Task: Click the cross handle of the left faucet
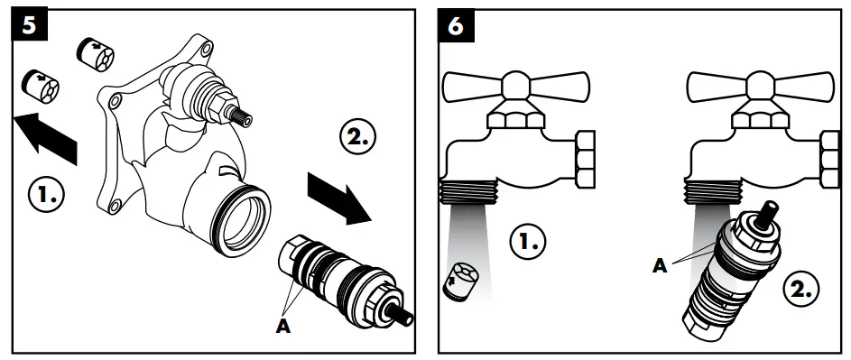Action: click(x=513, y=87)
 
